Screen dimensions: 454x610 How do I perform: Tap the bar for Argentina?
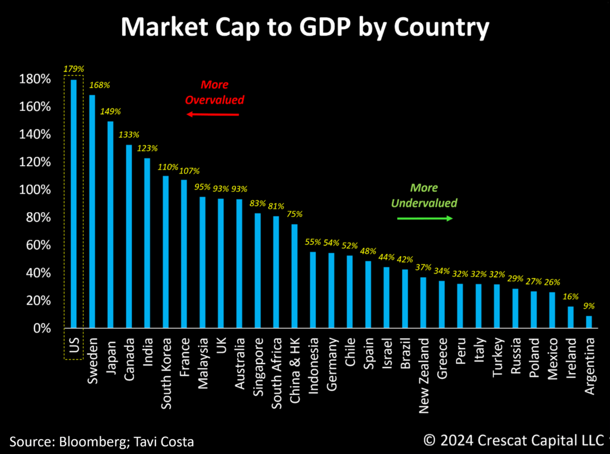589,322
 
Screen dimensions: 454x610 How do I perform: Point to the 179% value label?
74,69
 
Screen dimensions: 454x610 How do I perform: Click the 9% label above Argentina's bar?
589,306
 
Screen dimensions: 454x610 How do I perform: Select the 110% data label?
166,167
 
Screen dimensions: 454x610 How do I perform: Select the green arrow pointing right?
425,219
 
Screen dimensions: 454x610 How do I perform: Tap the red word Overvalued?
214,99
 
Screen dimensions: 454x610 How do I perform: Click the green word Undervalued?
424,203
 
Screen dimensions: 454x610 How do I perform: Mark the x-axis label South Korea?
166,374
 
